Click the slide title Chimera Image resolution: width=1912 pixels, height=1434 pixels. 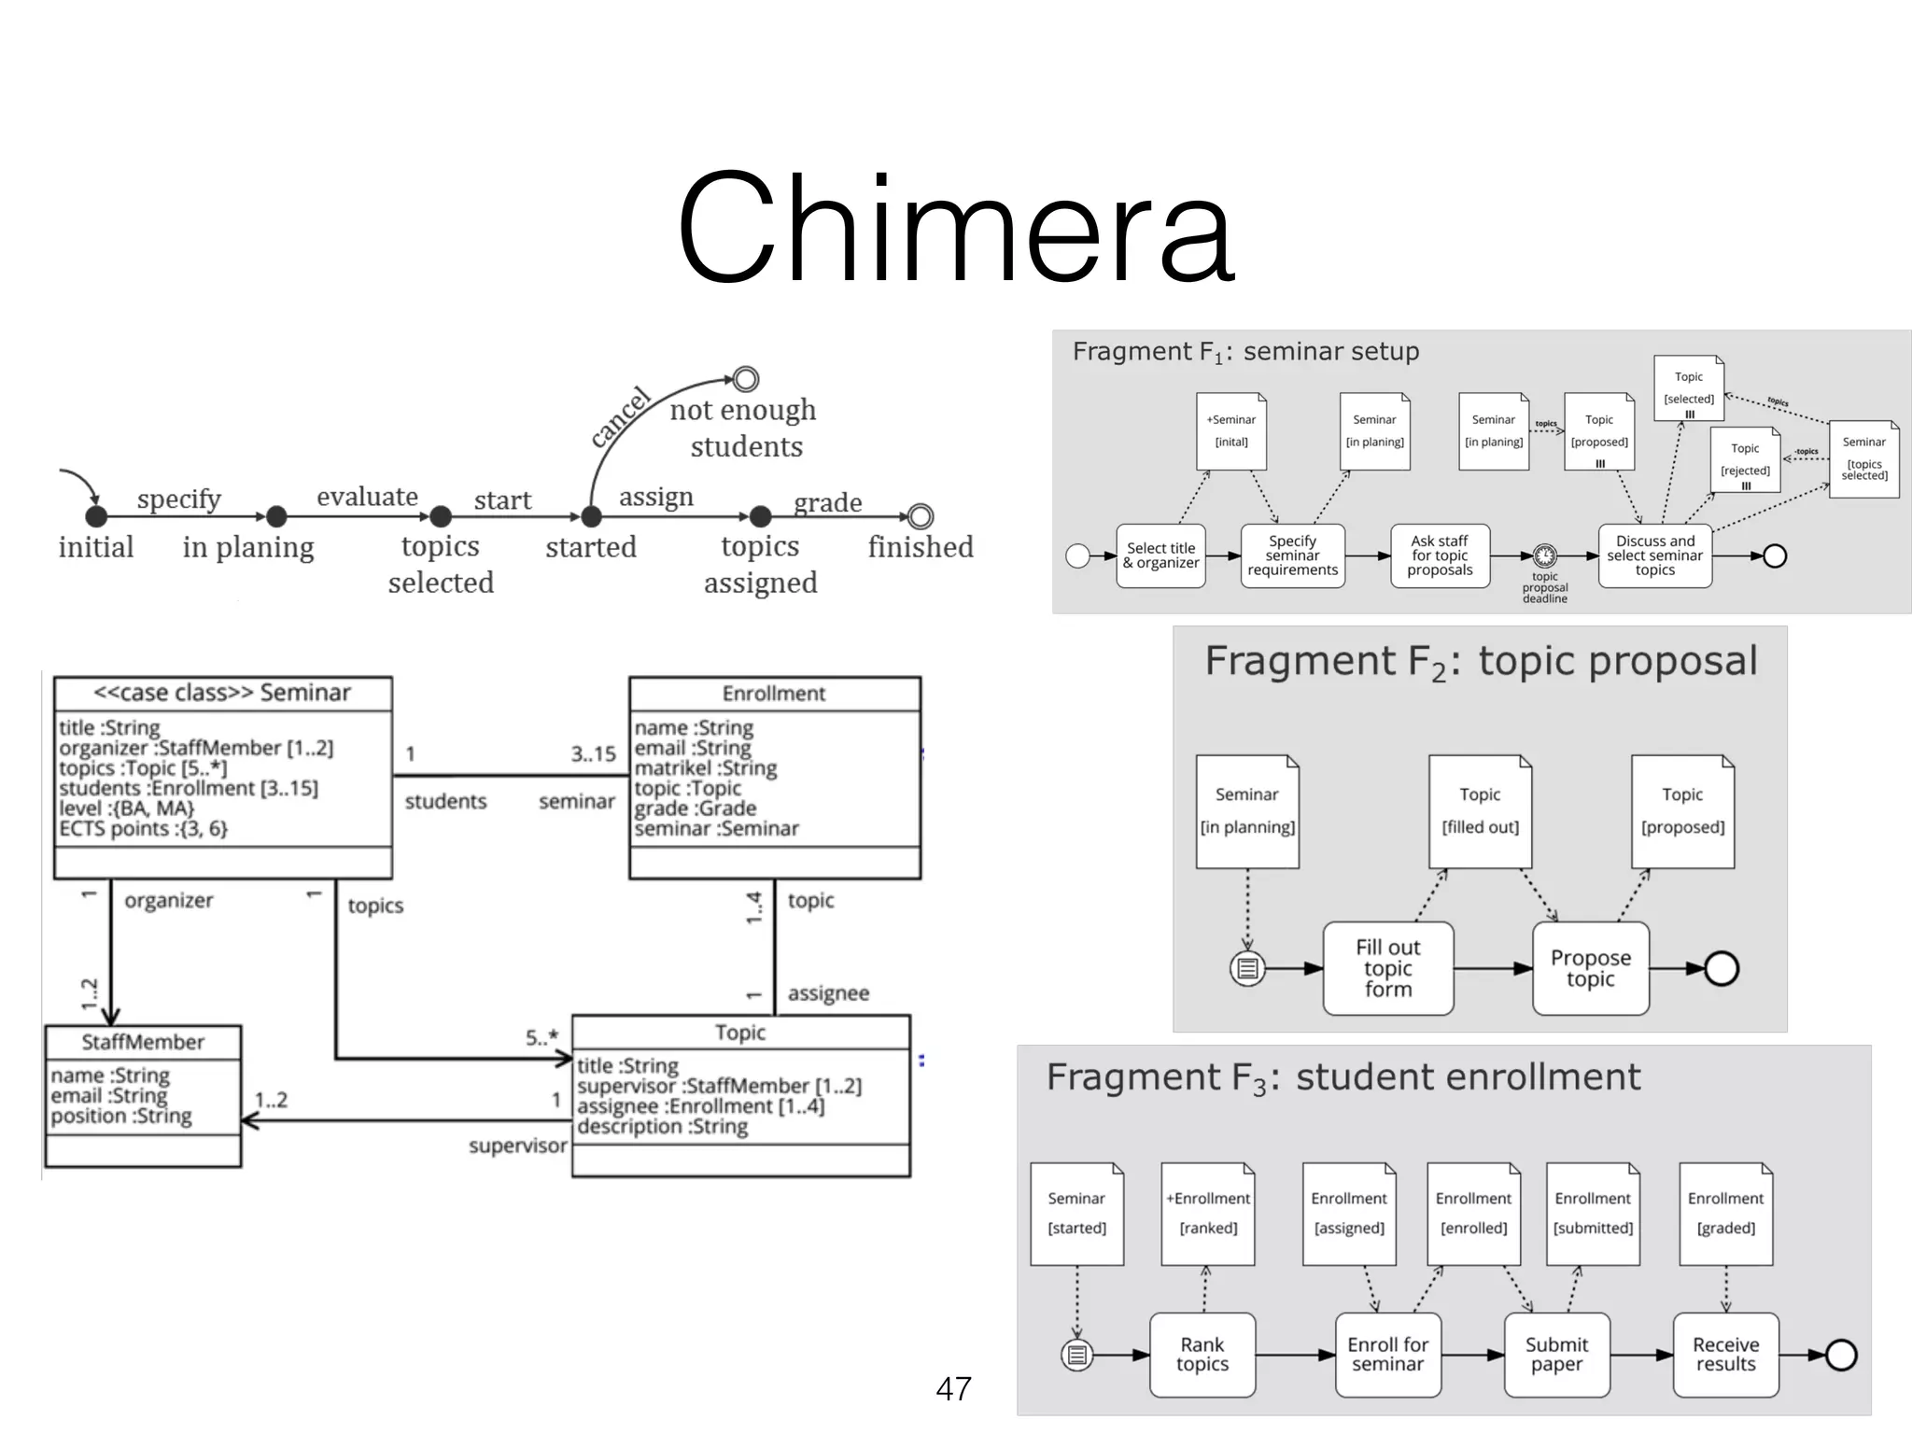coord(955,229)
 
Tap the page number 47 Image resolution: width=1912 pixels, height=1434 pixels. coord(953,1388)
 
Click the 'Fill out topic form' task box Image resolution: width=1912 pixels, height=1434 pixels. coord(1387,968)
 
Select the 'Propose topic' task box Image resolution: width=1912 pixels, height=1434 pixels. coord(1590,968)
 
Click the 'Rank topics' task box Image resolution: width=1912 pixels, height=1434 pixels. coord(1202,1355)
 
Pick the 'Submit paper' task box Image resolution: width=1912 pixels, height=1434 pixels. coord(1556,1355)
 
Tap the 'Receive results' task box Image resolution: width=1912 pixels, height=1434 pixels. coord(1725,1355)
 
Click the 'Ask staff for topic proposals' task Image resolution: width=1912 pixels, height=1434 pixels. coord(1439,555)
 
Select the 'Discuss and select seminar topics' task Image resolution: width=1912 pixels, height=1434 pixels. coord(1654,555)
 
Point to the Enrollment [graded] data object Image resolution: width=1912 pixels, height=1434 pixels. coord(1725,1214)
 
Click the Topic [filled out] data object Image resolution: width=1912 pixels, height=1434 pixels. coord(1480,811)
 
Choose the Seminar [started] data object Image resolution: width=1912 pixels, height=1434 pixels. coord(1076,1214)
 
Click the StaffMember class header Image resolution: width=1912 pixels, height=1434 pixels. coord(143,1042)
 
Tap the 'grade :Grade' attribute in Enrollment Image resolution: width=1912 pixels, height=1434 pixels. coord(696,808)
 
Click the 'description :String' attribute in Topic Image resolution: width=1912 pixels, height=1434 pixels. coord(662,1127)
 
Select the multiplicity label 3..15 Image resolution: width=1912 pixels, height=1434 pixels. coord(593,753)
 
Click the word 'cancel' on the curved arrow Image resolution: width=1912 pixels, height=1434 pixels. coord(621,416)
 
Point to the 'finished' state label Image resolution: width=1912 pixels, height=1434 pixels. coord(920,547)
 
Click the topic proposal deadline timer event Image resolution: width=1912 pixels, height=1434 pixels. coord(1545,556)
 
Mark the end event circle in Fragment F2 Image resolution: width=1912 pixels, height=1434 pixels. coord(1721,968)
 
